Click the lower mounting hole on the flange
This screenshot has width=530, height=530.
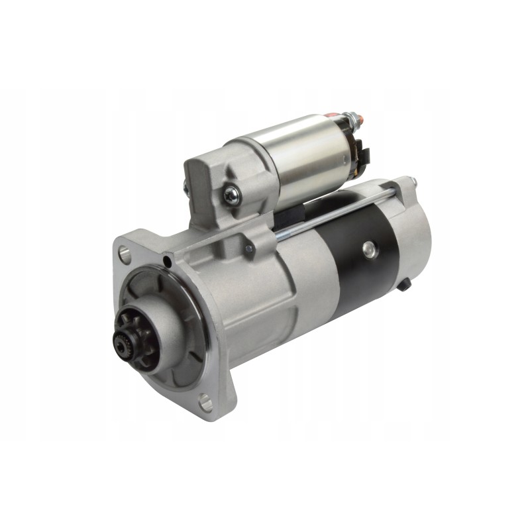tap(205, 399)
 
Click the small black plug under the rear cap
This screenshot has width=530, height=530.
tap(405, 283)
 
